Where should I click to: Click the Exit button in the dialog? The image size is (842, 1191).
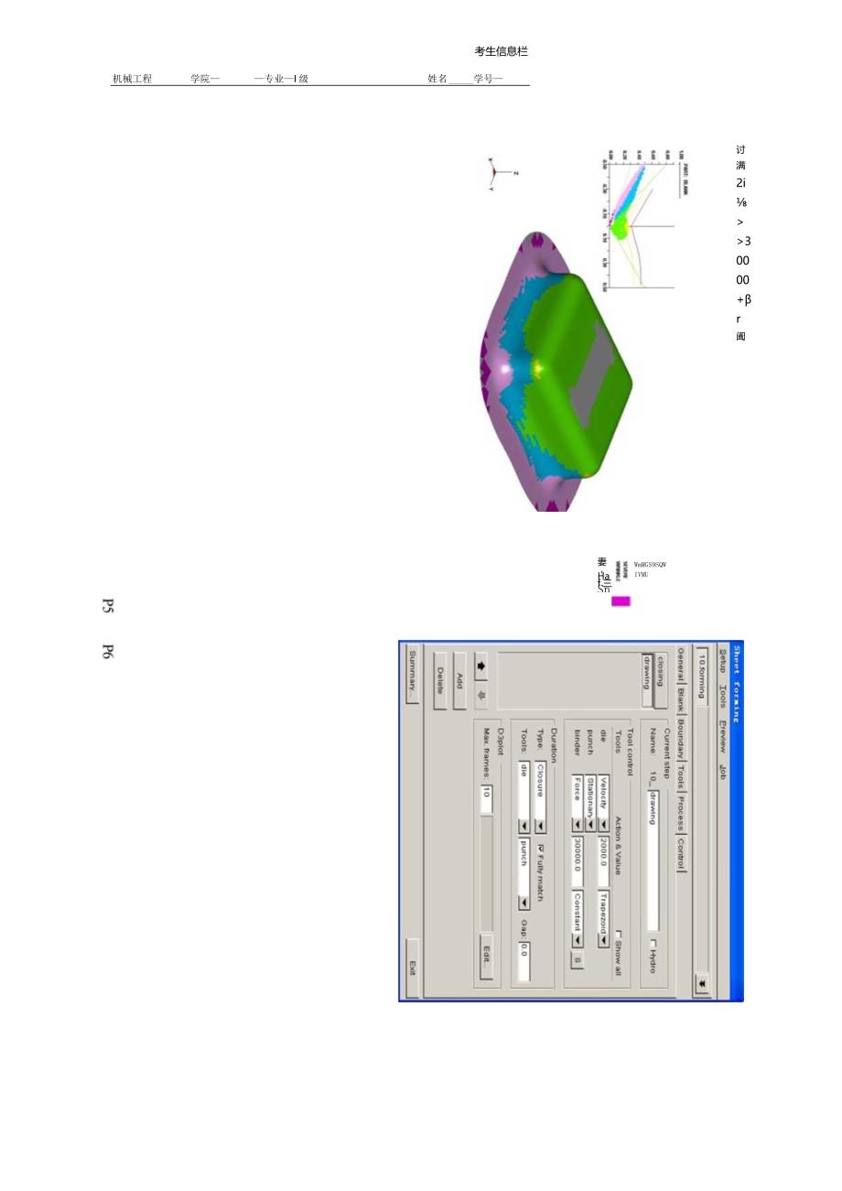point(413,966)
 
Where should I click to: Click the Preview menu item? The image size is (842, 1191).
point(722,734)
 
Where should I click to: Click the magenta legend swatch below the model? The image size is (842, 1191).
point(621,601)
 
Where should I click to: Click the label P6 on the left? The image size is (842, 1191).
point(107,652)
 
